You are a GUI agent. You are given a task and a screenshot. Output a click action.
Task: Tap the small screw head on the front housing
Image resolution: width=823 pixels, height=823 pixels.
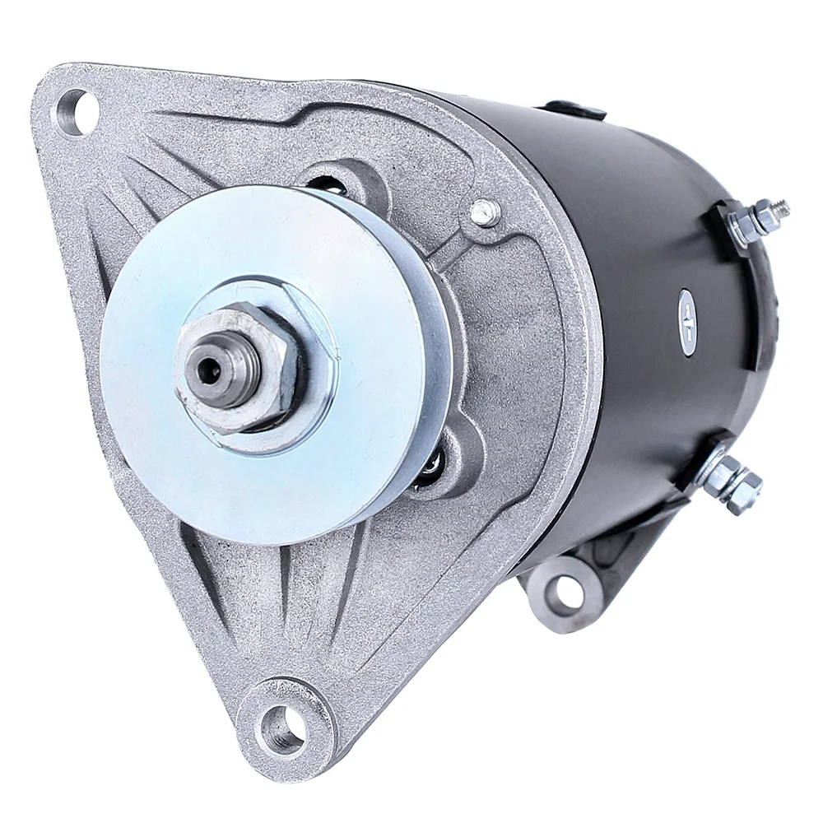click(x=486, y=212)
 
